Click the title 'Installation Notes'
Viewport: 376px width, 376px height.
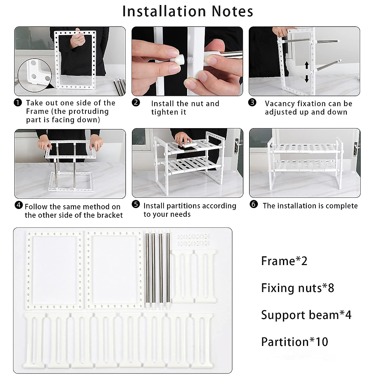tap(188, 12)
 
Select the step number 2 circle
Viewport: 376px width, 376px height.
tap(136, 102)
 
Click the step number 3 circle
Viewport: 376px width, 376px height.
tap(253, 102)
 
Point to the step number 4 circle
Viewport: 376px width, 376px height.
tap(19, 205)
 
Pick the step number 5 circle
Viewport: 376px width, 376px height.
tap(136, 205)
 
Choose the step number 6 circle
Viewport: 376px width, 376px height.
tap(254, 205)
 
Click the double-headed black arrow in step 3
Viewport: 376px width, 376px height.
tap(307, 72)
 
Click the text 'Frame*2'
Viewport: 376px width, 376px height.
tap(284, 261)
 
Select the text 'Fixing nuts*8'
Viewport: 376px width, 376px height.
tap(297, 288)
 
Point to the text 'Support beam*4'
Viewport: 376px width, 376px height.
tap(306, 315)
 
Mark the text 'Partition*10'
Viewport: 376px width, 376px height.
tap(295, 342)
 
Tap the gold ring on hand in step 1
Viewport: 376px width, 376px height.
tap(81, 41)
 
